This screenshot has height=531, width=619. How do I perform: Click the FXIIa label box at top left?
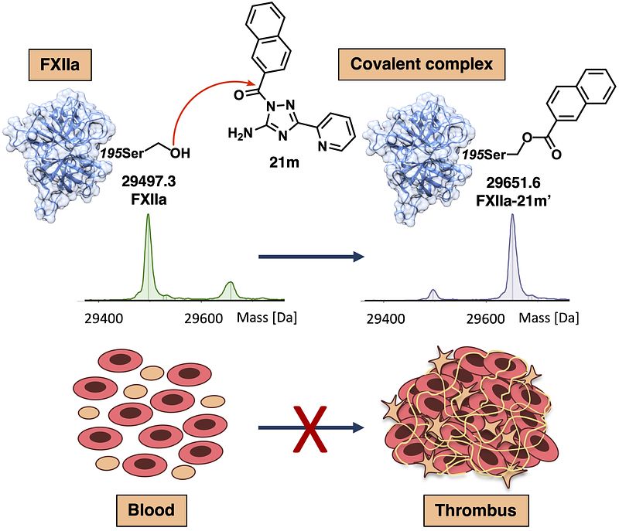point(60,65)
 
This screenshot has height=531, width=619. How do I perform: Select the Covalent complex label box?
point(422,64)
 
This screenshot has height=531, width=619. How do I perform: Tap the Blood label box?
point(152,510)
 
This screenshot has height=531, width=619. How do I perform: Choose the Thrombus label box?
point(476,510)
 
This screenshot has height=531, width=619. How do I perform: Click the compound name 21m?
point(284,162)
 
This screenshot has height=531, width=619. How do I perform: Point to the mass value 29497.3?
point(149,182)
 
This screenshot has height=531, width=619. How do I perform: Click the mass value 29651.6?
point(513,182)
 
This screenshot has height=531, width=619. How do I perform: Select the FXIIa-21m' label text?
point(513,201)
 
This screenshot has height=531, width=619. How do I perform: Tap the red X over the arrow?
point(310,428)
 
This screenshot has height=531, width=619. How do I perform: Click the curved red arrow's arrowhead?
point(250,83)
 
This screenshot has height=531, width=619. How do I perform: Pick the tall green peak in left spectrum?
point(149,257)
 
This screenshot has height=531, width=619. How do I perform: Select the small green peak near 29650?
point(230,290)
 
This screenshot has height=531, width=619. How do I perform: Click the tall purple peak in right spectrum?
point(512,257)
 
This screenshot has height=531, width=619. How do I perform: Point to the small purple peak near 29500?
point(433,294)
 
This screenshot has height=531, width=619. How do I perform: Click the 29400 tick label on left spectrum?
point(104,318)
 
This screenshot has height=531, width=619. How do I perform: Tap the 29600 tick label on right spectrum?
point(486,318)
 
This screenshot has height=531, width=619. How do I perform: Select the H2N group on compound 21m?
point(240,134)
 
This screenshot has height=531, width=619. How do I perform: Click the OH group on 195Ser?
point(180,153)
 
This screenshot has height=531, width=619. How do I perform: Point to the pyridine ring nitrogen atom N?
point(323,146)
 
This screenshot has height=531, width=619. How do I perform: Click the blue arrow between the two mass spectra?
point(311,257)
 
